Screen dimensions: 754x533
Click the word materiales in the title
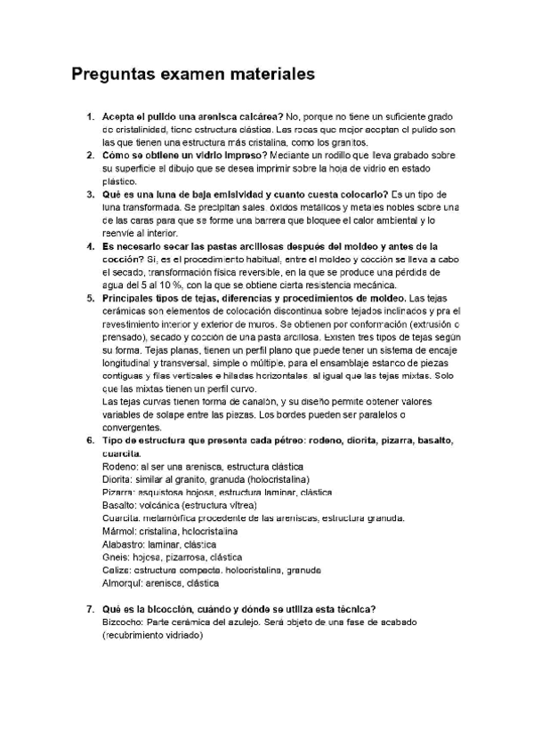tap(269, 76)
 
